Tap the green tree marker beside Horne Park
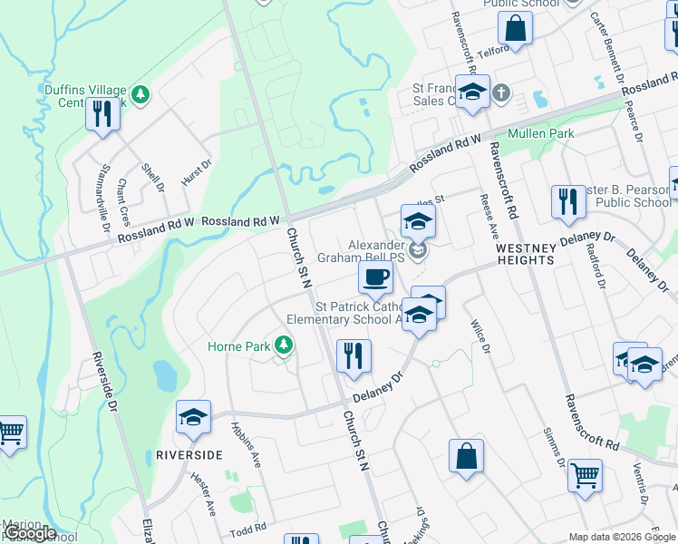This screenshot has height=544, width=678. click(x=284, y=345)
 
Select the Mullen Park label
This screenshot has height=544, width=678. click(x=541, y=134)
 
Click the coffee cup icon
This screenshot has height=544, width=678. click(x=375, y=277)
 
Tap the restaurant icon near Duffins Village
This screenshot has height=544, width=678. click(x=102, y=114)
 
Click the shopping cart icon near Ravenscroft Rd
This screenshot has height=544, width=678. click(x=585, y=473)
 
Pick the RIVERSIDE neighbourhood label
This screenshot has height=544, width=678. click(x=189, y=454)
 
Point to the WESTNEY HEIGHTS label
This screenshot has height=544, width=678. click(x=525, y=253)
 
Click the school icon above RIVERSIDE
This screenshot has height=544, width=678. click(x=193, y=417)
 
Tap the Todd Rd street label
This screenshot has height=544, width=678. click(x=247, y=528)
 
